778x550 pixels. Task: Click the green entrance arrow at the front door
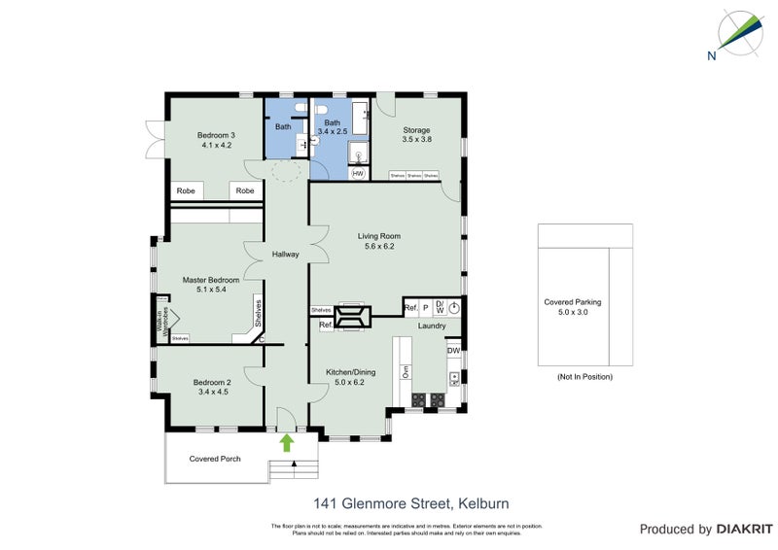[x=287, y=443]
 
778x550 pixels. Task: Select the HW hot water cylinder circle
[x=358, y=174]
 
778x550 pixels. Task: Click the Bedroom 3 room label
[x=216, y=140]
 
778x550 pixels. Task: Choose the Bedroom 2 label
[x=213, y=387]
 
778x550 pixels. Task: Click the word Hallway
[x=285, y=255]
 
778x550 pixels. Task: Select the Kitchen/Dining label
[x=349, y=377]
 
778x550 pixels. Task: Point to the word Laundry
[x=431, y=326]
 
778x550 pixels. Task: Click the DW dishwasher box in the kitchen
[x=453, y=351]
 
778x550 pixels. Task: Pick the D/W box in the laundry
[x=440, y=307]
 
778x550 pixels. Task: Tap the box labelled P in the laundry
[x=425, y=308]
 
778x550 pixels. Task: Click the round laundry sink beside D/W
[x=454, y=307]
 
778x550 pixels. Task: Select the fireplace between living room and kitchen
[x=350, y=317]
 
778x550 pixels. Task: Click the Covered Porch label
[x=214, y=459]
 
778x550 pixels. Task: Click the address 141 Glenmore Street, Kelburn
[x=410, y=503]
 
